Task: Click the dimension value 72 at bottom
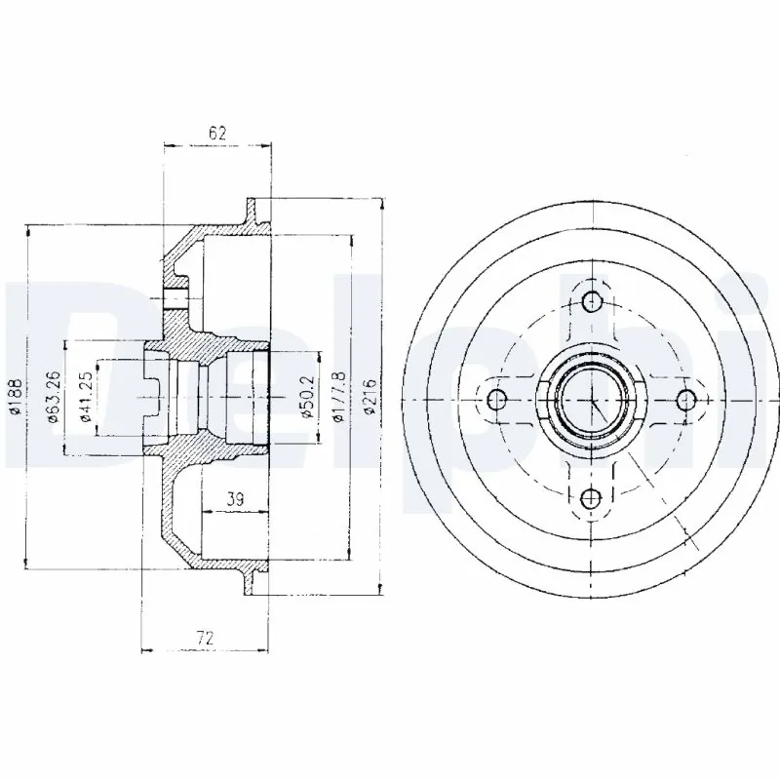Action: (205, 638)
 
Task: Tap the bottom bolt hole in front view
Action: (591, 499)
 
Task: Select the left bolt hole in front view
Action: (495, 399)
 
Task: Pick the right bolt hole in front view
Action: (686, 399)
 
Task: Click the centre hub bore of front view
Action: (591, 400)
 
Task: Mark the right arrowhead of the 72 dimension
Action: (263, 650)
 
